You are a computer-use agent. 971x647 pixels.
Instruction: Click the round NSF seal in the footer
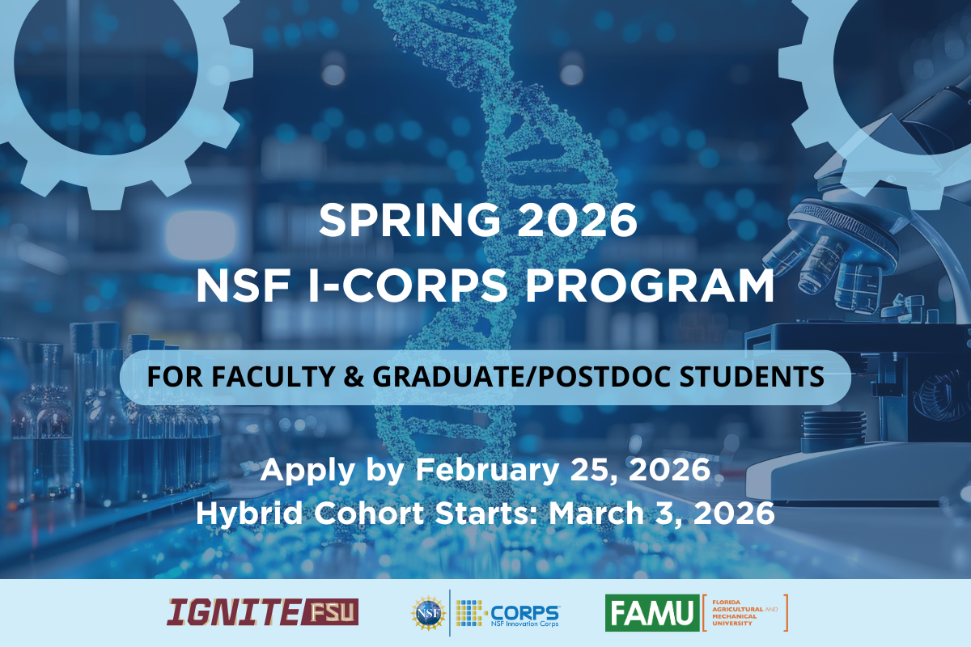428,612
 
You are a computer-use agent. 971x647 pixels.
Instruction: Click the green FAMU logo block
651,612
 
